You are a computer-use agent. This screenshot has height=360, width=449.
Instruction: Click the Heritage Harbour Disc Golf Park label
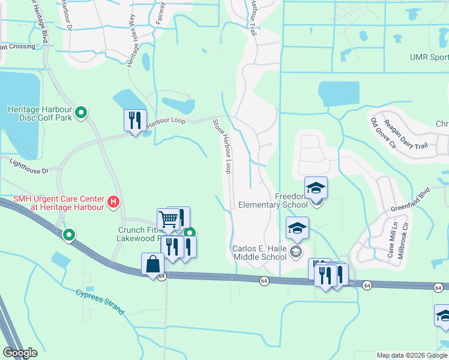coord(39,113)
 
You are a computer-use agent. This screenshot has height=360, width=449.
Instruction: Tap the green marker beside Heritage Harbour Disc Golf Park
coord(83,112)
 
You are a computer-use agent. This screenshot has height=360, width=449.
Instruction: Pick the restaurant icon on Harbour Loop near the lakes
coord(134,120)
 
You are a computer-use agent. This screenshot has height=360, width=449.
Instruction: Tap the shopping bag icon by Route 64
coord(152,263)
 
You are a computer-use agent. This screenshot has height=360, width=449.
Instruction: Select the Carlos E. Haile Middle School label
coord(259,253)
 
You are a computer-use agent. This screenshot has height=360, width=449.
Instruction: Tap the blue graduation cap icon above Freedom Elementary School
coord(316,188)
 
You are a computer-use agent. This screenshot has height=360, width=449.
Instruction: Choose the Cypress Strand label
coord(100,302)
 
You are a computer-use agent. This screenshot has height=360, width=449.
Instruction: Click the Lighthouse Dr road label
coord(29,166)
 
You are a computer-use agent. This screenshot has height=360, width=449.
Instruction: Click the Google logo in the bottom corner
coord(20,353)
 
